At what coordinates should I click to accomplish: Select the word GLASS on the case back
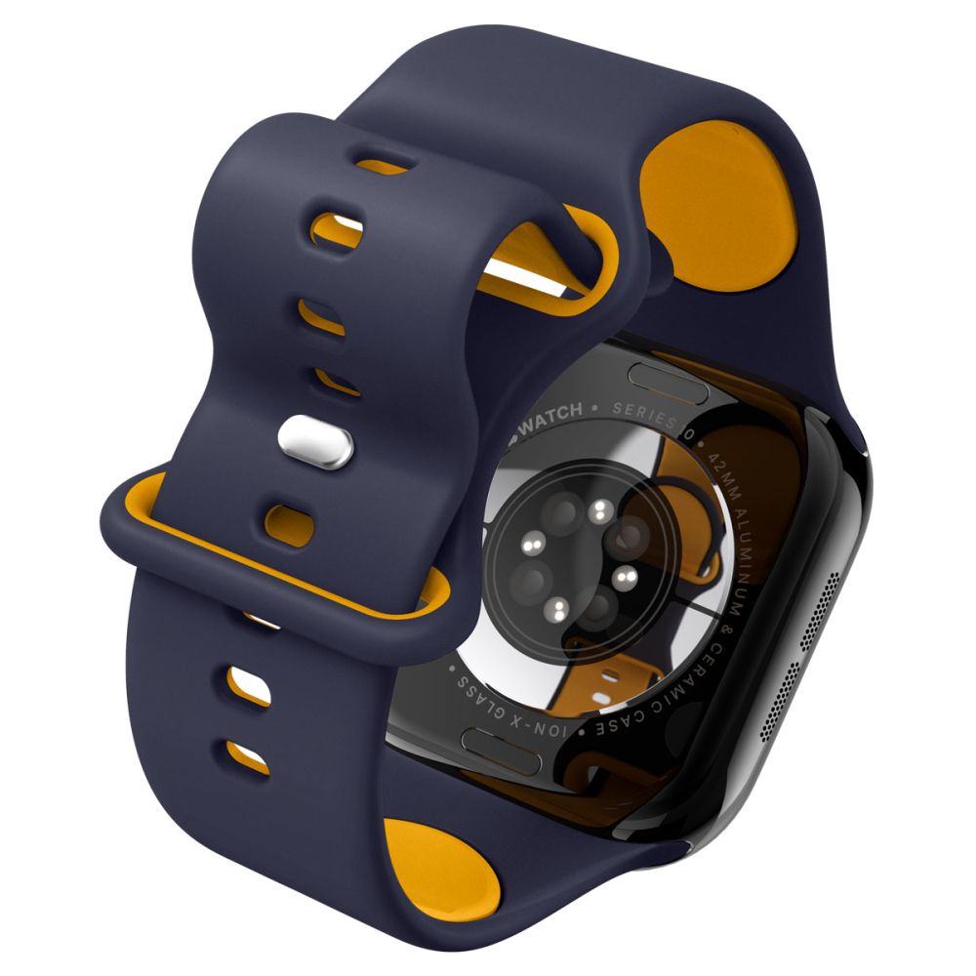click(477, 689)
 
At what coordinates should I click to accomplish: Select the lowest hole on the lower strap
click(248, 754)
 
